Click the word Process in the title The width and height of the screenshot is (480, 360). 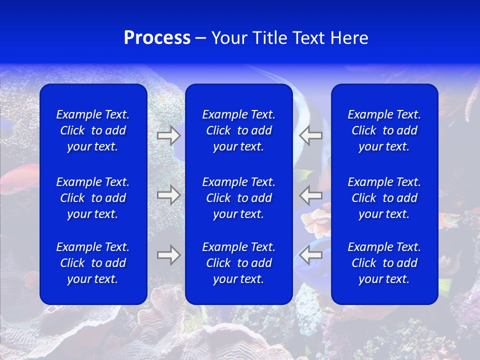coord(157,38)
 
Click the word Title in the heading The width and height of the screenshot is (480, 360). coord(269,38)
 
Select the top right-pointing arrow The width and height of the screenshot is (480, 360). coord(168,135)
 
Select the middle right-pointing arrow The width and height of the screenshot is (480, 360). coord(168,195)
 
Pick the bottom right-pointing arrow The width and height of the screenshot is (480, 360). coord(168,255)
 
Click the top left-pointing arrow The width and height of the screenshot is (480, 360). coord(310,135)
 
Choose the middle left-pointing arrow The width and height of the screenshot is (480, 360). coord(310,195)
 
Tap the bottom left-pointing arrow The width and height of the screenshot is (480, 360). coord(310,255)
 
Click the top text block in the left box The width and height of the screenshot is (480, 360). coord(93,130)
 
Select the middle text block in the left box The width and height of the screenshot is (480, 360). coord(93,198)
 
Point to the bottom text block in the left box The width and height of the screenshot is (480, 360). coord(93,263)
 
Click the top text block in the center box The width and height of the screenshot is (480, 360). coord(239,130)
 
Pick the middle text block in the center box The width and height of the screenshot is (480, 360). coord(239,198)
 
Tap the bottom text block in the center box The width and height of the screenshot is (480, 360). coord(239,263)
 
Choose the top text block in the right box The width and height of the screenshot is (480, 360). coord(384,130)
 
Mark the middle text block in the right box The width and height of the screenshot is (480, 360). coord(384,198)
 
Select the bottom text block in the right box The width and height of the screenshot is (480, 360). coord(384,263)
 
